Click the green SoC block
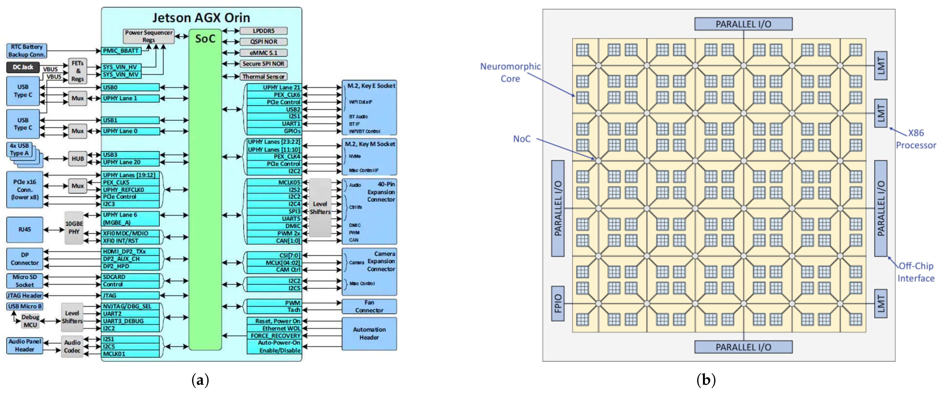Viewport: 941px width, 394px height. (205, 190)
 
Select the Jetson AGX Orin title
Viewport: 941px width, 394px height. (201, 18)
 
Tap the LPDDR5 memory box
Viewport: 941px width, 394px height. (263, 31)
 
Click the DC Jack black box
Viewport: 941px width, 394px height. (23, 67)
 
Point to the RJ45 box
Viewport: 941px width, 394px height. (24, 229)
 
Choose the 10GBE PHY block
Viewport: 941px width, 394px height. (74, 228)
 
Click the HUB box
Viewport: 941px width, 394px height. (77, 159)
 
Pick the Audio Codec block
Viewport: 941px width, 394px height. (72, 346)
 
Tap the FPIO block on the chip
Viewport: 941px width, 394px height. (558, 303)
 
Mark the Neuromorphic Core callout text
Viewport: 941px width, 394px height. (510, 72)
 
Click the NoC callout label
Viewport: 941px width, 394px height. (522, 139)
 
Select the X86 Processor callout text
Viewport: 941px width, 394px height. (916, 139)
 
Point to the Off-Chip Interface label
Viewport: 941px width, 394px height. (916, 272)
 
